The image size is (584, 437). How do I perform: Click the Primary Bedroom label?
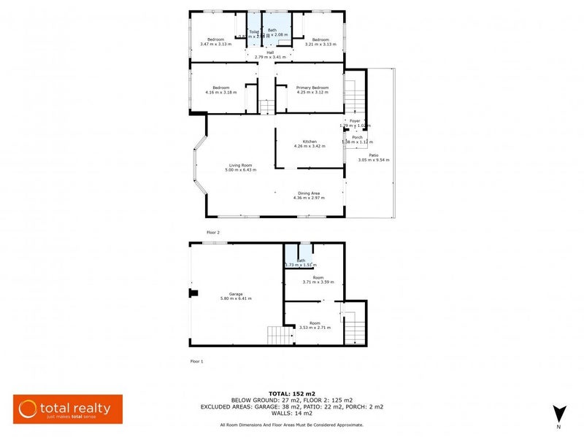click(x=312, y=88)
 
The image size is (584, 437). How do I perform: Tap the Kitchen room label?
click(x=310, y=142)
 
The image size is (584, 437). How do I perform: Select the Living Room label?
click(x=239, y=166)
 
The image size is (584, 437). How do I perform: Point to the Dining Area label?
click(x=307, y=193)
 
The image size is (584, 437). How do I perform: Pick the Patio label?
click(x=373, y=155)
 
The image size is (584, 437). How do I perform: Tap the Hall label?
click(x=269, y=52)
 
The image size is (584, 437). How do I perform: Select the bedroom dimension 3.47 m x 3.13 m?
click(x=215, y=44)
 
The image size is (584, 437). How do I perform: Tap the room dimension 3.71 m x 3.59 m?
click(x=318, y=282)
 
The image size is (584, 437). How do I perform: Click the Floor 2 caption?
click(x=213, y=232)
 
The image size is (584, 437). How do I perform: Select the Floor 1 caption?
click(x=196, y=361)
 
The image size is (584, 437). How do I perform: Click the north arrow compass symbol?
click(x=558, y=414)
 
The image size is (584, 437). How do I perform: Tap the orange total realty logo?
click(x=68, y=409)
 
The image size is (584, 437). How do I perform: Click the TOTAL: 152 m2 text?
click(x=291, y=393)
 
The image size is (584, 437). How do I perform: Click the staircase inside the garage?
click(x=280, y=336)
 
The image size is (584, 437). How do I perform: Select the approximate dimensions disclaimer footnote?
click(x=291, y=425)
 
